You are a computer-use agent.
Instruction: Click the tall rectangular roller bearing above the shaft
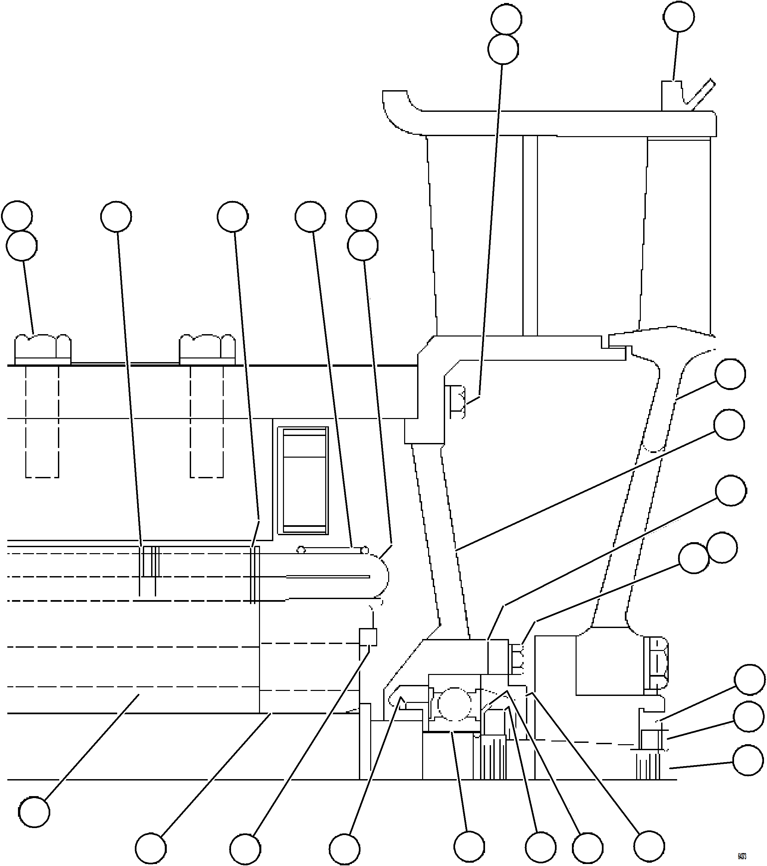[x=303, y=480]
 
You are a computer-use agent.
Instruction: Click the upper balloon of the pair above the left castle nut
[x=17, y=216]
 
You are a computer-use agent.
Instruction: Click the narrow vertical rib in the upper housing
[x=530, y=235]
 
